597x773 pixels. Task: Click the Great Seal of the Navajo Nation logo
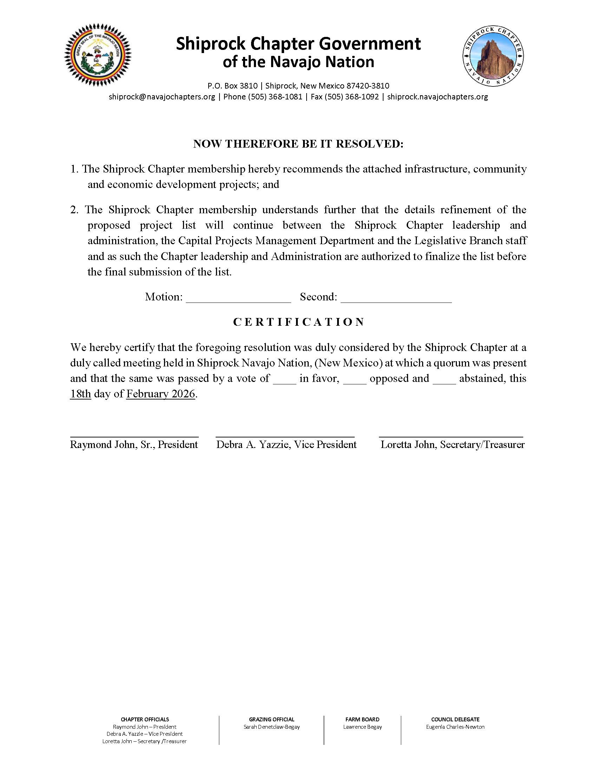(x=98, y=55)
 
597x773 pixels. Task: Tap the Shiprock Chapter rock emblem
(x=493, y=56)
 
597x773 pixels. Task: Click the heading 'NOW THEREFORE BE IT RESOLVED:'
(x=298, y=144)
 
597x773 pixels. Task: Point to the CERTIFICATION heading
(x=298, y=322)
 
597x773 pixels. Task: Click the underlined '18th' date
(x=81, y=394)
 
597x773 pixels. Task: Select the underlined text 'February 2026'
(x=160, y=394)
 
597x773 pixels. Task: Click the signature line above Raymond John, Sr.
(x=135, y=437)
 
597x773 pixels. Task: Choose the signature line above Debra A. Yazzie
(x=285, y=437)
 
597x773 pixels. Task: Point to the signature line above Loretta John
(x=451, y=437)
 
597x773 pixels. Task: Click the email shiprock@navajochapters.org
(x=162, y=97)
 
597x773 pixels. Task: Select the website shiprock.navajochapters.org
(x=438, y=97)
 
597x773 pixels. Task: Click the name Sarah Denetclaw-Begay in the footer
(x=271, y=727)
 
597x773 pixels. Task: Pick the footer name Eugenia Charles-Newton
(x=455, y=727)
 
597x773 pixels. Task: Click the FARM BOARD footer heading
(x=362, y=719)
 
